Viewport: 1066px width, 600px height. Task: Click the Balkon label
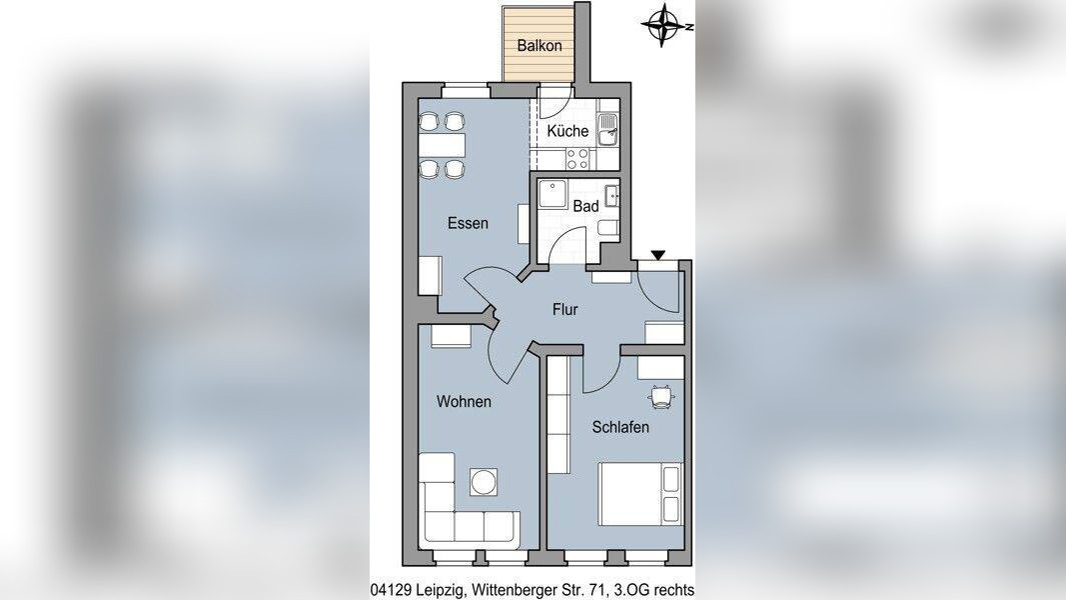coord(539,46)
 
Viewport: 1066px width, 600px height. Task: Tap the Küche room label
coord(567,131)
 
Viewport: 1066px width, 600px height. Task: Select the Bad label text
coord(585,205)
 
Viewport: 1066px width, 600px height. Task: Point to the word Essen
coord(468,223)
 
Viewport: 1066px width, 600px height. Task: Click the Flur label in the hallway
coord(564,310)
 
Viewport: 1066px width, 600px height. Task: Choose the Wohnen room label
coord(464,401)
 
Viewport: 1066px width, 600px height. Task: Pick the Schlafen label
coord(620,427)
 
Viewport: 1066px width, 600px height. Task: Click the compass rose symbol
coord(664,26)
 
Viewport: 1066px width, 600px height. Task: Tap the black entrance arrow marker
coord(657,255)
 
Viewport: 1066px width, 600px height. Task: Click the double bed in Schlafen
coord(640,494)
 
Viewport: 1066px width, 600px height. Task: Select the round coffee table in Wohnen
coord(484,482)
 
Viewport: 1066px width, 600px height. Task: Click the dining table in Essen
coord(442,145)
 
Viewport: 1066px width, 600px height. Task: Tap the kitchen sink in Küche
coord(607,130)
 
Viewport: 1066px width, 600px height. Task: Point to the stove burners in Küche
coord(577,159)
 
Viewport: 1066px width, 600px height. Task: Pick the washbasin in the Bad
coord(611,195)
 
